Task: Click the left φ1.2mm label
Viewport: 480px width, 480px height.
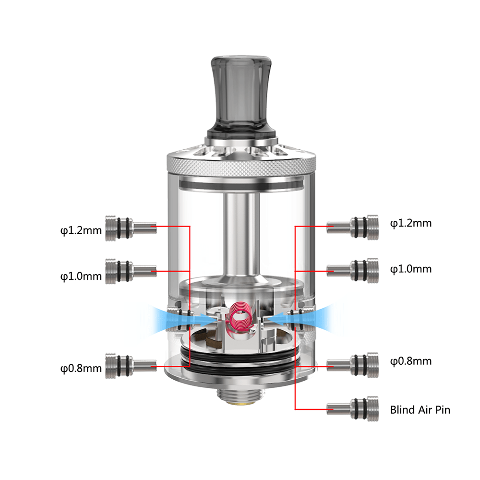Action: [81, 230]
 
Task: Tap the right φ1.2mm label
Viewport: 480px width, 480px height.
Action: [410, 223]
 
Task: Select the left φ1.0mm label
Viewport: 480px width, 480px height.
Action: [81, 276]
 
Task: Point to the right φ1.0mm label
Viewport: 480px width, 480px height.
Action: [410, 269]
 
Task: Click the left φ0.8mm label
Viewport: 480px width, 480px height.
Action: [81, 368]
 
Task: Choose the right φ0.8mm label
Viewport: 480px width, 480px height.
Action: [410, 361]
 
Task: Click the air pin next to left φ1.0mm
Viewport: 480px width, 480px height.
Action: [130, 271]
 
